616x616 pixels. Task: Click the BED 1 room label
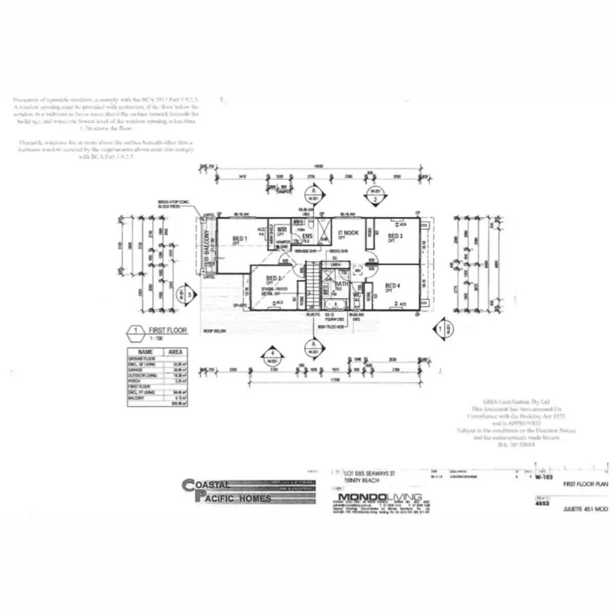[240, 239]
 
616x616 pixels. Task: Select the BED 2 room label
[273, 278]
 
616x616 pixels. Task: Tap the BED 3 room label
[395, 236]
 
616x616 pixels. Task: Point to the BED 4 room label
[393, 286]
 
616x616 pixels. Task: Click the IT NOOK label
[349, 233]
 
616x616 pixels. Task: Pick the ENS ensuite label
[308, 236]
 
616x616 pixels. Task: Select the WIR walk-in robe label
[282, 229]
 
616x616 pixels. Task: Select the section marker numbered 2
[375, 196]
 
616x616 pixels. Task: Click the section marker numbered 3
[186, 295]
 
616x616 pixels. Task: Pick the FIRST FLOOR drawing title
[168, 331]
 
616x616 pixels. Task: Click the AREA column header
[176, 352]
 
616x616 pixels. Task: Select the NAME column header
[146, 352]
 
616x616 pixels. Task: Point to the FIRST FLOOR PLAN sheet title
[586, 484]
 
